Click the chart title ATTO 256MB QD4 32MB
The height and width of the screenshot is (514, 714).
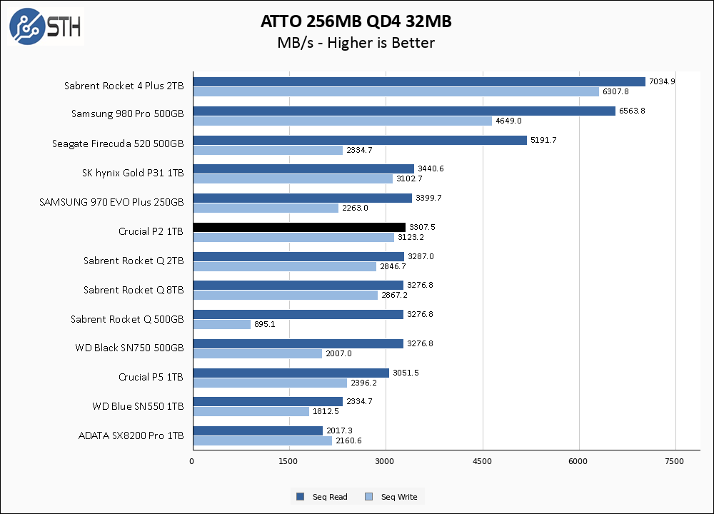click(x=356, y=22)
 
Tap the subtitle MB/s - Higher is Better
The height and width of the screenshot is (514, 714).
click(x=356, y=43)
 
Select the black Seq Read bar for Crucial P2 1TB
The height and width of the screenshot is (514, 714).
click(x=299, y=227)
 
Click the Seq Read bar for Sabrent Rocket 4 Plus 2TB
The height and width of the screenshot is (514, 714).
click(x=418, y=81)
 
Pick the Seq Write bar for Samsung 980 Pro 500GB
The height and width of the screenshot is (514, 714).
click(x=342, y=121)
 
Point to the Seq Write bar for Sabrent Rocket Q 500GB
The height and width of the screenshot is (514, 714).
click(x=221, y=325)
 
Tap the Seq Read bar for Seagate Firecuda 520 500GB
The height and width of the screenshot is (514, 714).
click(x=359, y=140)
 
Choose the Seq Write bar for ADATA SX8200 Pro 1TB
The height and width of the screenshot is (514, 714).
click(x=262, y=440)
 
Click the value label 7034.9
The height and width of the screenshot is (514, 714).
click(x=662, y=81)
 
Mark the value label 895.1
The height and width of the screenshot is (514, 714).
click(x=265, y=325)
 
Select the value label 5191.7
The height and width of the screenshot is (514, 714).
click(x=543, y=140)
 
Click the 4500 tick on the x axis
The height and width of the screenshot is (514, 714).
click(x=483, y=462)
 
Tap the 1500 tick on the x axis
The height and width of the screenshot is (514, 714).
click(x=288, y=462)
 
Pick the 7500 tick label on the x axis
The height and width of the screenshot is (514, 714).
click(x=675, y=462)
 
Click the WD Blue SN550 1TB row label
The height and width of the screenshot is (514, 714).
click(x=138, y=406)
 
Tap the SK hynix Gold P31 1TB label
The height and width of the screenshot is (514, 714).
click(x=133, y=173)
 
